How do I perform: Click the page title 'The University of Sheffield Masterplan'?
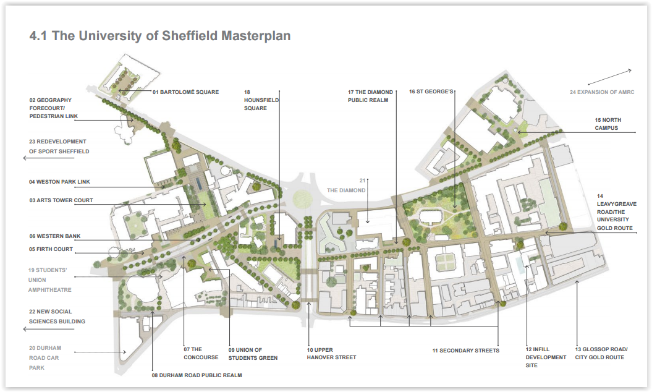160,36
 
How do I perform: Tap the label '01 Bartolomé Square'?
185,92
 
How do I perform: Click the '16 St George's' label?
431,92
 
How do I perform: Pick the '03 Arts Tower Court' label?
61,200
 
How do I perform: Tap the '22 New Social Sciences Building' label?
57,316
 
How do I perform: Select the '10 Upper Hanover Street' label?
331,353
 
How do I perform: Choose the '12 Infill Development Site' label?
546,357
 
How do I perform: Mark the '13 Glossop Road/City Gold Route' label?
601,353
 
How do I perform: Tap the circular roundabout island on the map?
302,198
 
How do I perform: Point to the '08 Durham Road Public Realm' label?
197,375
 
